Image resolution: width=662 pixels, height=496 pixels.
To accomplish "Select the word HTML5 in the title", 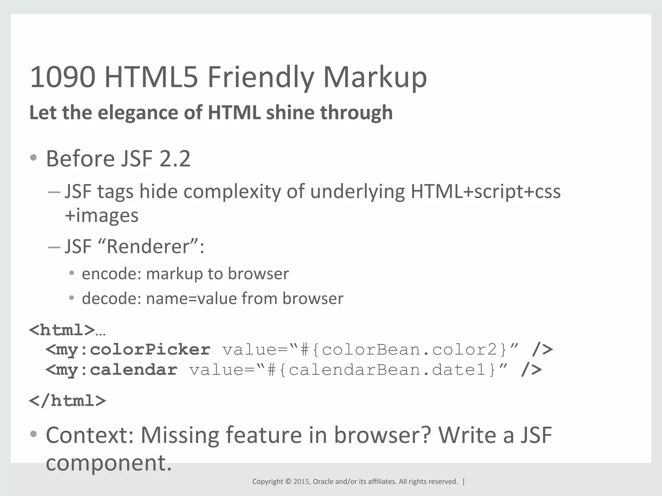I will pos(151,77).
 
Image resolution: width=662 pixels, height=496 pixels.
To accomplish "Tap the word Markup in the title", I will pos(375,77).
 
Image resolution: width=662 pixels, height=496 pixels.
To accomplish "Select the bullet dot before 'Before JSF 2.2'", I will pos(33,158).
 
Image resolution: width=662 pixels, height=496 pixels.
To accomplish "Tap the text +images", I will pos(101,216).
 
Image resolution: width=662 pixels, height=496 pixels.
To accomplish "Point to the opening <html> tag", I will pos(62,330).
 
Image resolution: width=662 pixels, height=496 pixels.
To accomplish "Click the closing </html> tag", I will pos(68,401).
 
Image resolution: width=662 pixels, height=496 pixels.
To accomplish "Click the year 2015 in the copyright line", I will pos(301,482).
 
